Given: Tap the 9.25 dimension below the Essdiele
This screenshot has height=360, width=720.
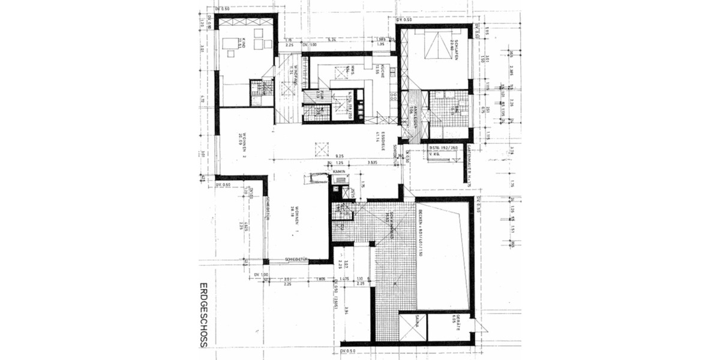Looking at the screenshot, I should point(339,155).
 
